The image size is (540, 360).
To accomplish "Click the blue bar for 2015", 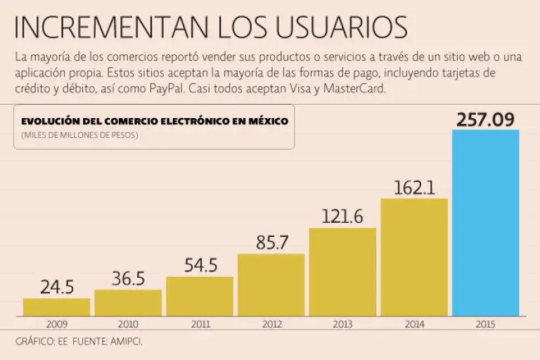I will (x=485, y=223).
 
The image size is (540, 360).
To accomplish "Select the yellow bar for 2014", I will (x=414, y=257).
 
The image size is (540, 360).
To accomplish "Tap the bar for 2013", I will (x=342, y=272).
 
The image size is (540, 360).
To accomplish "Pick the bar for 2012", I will (x=271, y=285).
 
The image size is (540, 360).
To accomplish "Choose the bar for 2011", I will (x=200, y=296).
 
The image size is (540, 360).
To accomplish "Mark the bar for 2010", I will (x=128, y=303).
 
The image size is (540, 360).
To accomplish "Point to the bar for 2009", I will (x=56, y=307).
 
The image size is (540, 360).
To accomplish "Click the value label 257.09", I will (x=485, y=120).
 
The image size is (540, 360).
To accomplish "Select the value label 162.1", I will (x=414, y=188).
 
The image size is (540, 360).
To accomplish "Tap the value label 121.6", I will (x=342, y=217).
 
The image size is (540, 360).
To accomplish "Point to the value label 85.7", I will (x=271, y=243).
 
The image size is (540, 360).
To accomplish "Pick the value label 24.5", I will (x=56, y=288).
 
